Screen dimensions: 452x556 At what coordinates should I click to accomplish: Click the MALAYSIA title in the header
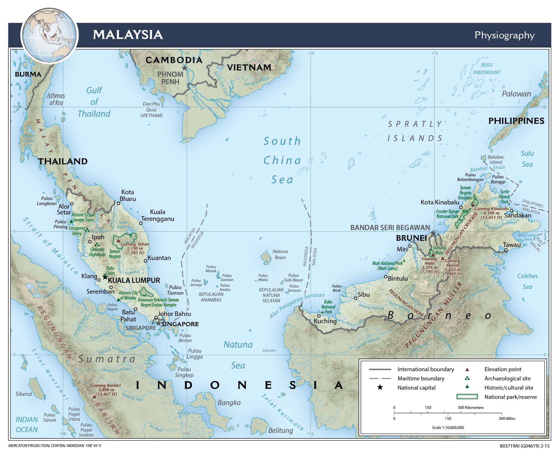point(128,35)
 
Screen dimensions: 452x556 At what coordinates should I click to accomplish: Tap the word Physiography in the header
point(504,35)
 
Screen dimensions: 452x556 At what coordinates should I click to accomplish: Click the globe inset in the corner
point(49,35)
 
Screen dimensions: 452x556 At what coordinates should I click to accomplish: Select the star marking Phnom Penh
point(185,68)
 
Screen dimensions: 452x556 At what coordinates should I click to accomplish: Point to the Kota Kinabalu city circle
point(461,207)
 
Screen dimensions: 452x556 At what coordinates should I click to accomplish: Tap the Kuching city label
point(325,321)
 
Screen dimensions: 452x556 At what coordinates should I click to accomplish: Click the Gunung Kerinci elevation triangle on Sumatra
point(94,397)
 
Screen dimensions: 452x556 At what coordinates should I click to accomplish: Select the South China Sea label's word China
point(282,160)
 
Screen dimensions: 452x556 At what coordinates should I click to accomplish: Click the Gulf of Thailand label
point(94,102)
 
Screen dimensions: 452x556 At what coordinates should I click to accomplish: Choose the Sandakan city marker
point(511,210)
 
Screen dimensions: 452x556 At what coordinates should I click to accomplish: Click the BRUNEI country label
point(411,238)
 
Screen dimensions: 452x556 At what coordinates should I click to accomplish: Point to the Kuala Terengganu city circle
point(141,223)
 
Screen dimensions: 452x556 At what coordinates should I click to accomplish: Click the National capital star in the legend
point(380,388)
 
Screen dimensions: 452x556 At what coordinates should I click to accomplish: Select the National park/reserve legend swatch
point(467,397)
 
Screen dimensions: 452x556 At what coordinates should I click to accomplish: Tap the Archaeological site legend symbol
point(467,378)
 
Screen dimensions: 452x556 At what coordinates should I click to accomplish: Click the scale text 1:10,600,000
point(448,428)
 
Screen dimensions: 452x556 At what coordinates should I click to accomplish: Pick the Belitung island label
point(280,431)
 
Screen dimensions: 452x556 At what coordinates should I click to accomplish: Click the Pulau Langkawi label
point(47,201)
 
